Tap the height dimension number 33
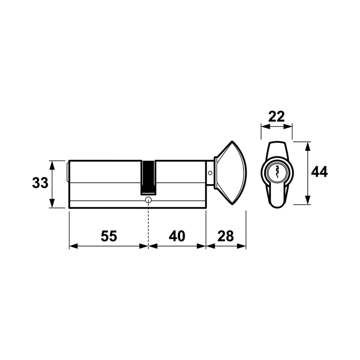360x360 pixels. [x=40, y=183]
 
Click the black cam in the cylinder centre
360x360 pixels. [x=148, y=177]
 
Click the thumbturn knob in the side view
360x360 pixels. [x=230, y=173]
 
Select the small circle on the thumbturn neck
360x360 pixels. [x=210, y=173]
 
